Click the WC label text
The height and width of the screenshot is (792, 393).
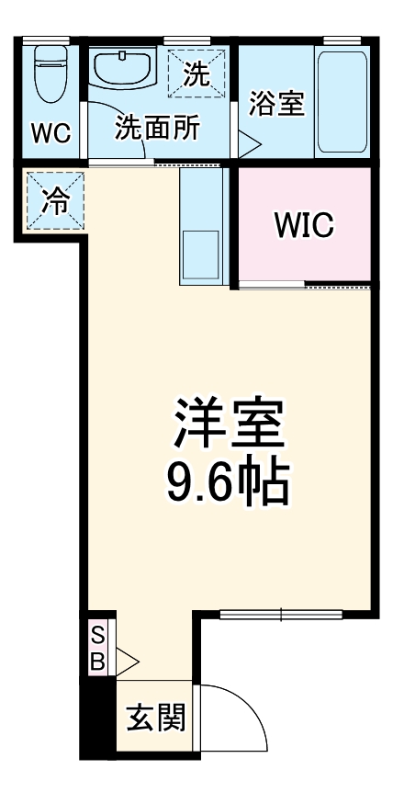[50, 133]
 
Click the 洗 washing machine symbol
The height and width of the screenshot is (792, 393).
[195, 72]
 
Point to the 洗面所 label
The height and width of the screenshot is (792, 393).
[157, 129]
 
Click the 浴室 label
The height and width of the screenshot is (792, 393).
[276, 104]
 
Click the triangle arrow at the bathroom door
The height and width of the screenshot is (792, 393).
[250, 143]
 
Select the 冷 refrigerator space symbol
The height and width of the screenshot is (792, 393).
[55, 202]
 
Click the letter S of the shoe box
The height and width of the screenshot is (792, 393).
[98, 636]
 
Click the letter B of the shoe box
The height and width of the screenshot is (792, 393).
[98, 659]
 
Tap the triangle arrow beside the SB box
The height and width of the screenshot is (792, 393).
[126, 660]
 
